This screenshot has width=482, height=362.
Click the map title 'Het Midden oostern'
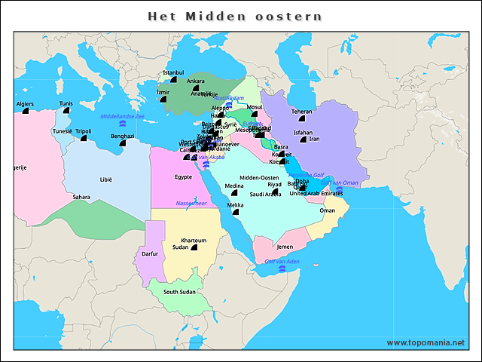[x=234, y=16]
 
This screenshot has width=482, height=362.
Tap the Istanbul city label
[x=173, y=72]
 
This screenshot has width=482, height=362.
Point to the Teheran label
[x=301, y=111]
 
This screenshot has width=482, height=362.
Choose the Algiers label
[x=24, y=103]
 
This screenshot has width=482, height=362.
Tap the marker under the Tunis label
[x=66, y=111]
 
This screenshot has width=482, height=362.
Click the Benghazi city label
[x=122, y=137]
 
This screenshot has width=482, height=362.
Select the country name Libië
[x=105, y=180]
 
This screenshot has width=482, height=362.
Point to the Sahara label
[x=81, y=197]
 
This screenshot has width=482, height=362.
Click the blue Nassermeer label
[x=191, y=203]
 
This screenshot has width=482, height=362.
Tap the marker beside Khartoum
[x=194, y=247]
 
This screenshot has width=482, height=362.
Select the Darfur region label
[x=150, y=254]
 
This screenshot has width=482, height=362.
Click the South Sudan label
[x=179, y=292]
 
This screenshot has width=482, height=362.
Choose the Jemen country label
[x=285, y=247]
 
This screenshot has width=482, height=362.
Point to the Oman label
[x=327, y=210]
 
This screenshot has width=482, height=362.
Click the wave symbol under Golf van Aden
[x=281, y=268]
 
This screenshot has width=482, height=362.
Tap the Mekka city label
[x=236, y=204]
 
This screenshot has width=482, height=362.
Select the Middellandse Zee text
[x=122, y=117]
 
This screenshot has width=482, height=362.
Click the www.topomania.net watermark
[x=426, y=342]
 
